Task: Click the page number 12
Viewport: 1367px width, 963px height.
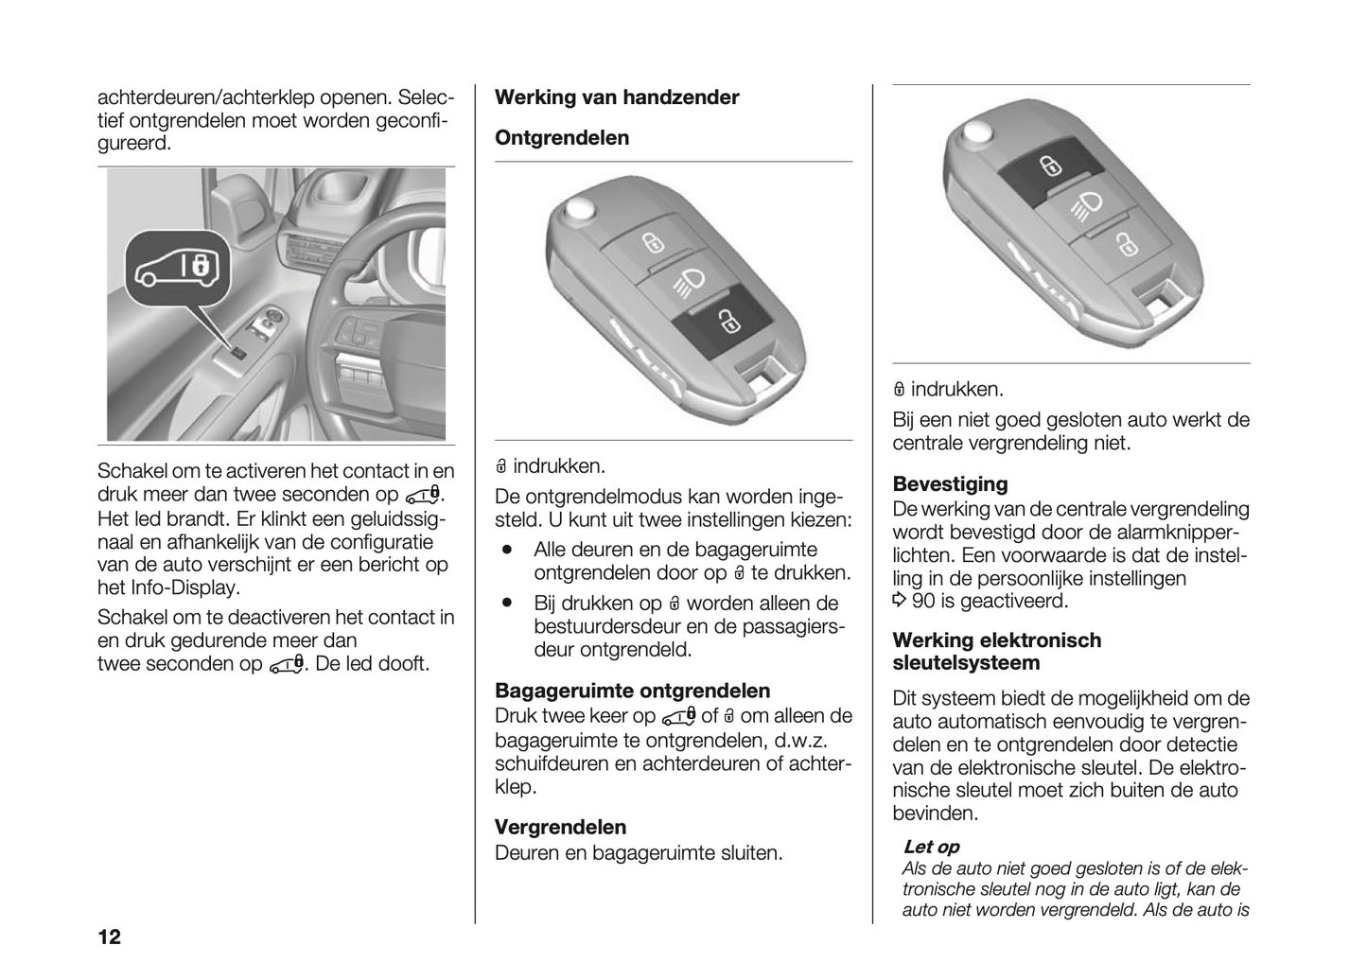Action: pos(109,937)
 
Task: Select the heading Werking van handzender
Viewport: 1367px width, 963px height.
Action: pos(617,97)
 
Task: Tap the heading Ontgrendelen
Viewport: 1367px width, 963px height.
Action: pos(562,138)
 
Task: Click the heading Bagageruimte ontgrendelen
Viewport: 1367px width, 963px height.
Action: pos(632,691)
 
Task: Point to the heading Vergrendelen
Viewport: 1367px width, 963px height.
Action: pos(560,827)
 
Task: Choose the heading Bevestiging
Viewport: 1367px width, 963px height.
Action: pos(950,484)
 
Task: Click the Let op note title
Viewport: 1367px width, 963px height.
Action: pos(931,847)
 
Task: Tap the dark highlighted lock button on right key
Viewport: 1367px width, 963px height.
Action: pos(1049,168)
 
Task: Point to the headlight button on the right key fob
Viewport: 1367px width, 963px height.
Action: pos(1087,204)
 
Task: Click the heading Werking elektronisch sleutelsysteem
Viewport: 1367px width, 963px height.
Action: pos(996,651)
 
